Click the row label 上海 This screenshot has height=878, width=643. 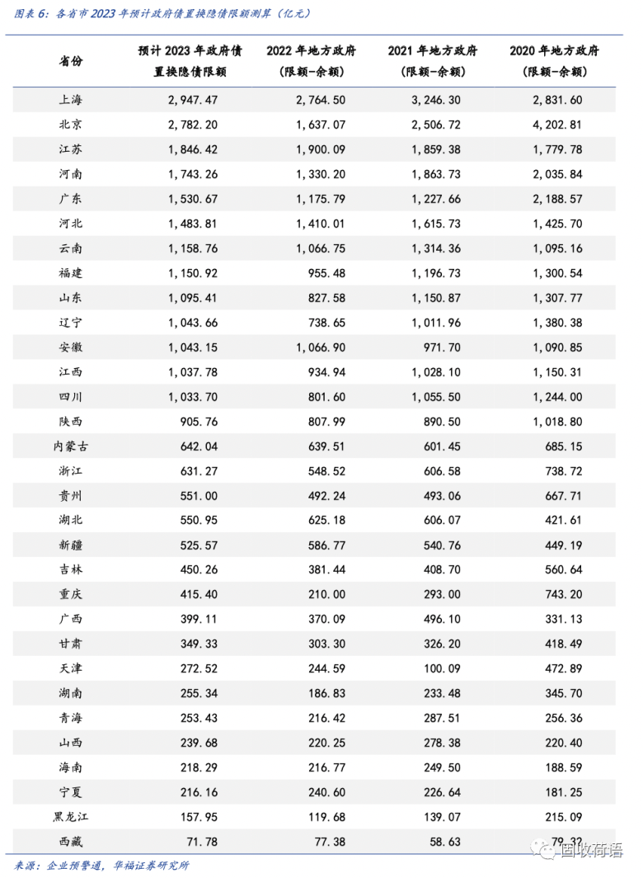tap(71, 100)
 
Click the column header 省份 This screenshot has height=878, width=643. tap(71, 61)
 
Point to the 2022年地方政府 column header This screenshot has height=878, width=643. tap(311, 51)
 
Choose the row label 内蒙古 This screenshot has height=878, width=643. tap(71, 446)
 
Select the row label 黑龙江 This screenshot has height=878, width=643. tap(71, 817)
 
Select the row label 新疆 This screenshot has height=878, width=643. tap(71, 545)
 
